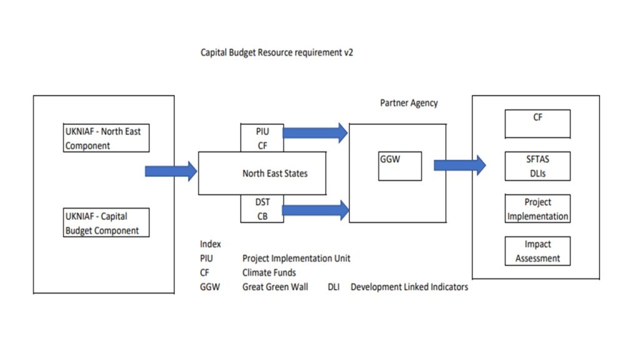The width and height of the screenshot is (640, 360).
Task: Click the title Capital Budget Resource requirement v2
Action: tap(276, 53)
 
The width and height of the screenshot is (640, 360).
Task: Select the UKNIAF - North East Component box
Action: tap(107, 139)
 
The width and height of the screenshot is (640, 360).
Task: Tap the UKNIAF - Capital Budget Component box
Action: tap(107, 223)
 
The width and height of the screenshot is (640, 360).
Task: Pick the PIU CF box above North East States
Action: tap(262, 138)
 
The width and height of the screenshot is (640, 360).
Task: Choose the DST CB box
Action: tap(262, 209)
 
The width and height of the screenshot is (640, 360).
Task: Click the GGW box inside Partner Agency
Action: tap(400, 166)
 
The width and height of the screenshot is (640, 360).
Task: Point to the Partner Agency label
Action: tap(409, 103)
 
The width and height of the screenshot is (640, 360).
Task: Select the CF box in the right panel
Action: tap(537, 124)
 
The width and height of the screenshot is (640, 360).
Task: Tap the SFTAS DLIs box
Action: tap(537, 166)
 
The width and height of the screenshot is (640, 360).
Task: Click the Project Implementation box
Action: tap(537, 209)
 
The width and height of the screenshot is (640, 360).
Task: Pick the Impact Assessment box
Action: tap(537, 251)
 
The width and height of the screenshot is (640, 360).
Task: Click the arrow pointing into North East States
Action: tap(171, 171)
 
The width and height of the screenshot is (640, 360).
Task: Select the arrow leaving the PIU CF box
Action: tap(315, 132)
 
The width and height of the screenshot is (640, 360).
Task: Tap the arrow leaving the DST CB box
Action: tap(315, 211)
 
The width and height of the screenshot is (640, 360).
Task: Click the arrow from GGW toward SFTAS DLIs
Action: tap(459, 165)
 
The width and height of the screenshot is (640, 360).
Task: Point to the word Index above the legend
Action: tap(211, 244)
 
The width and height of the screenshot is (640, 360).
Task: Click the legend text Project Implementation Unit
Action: tap(296, 258)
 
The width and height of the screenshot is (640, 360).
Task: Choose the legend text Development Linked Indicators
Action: tap(409, 287)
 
